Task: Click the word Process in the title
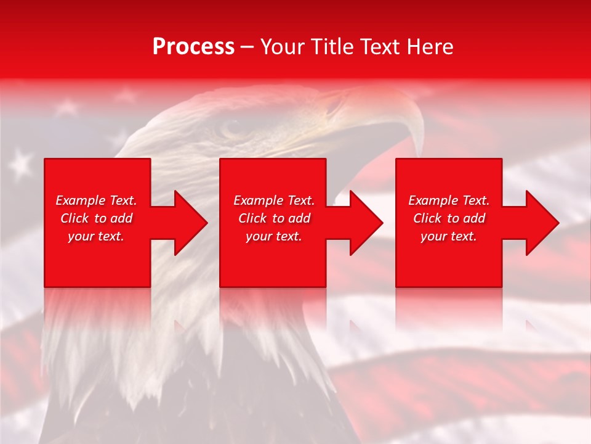(x=193, y=47)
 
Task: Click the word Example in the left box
(x=81, y=200)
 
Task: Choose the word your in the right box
(x=433, y=237)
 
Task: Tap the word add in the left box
(x=121, y=218)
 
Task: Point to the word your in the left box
(x=80, y=237)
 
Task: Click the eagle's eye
(x=232, y=128)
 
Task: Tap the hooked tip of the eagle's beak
(x=420, y=148)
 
